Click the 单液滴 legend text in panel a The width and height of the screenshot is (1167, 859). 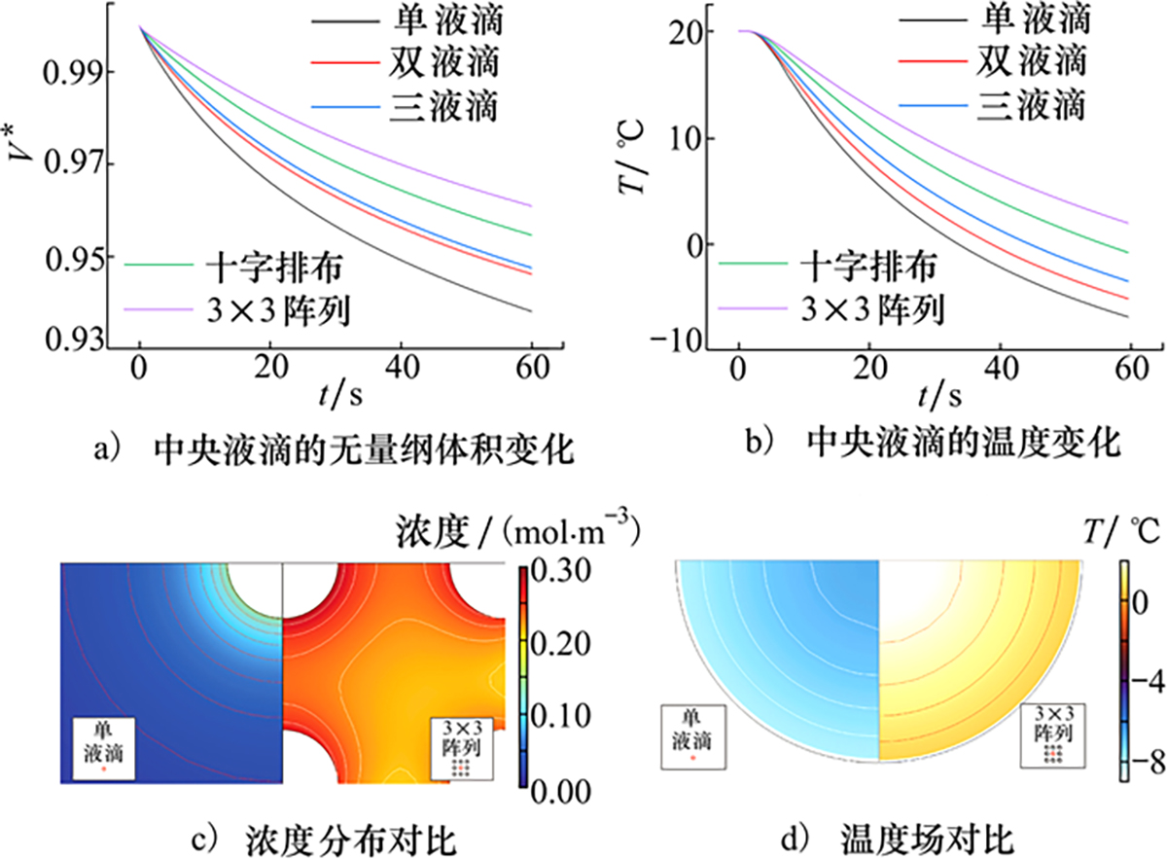[448, 18]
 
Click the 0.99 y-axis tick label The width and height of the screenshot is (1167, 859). [65, 71]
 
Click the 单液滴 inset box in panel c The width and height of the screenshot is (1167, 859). [103, 748]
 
